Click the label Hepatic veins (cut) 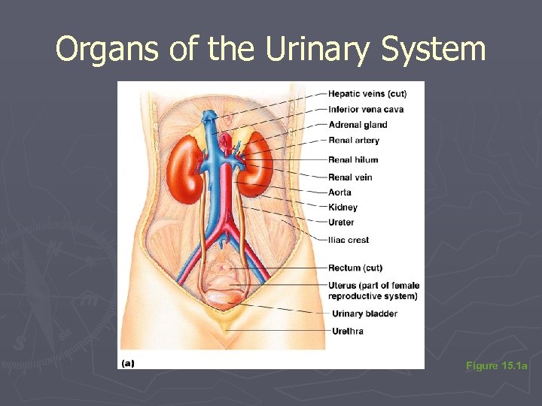pos(367,94)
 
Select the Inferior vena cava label pos(366,109)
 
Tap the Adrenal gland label pos(358,125)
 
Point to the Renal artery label pos(354,141)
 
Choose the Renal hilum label pos(353,159)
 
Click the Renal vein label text pos(350,177)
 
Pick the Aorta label pos(340,192)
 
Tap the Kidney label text pos(343,208)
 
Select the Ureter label pos(341,223)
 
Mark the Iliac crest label pos(349,241)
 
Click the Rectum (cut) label pos(355,268)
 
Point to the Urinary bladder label pos(364,314)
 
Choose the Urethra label pos(348,332)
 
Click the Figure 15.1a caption pos(497,366)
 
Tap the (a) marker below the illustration pos(127,363)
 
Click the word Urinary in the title pos(326,50)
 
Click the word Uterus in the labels pos(343,286)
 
